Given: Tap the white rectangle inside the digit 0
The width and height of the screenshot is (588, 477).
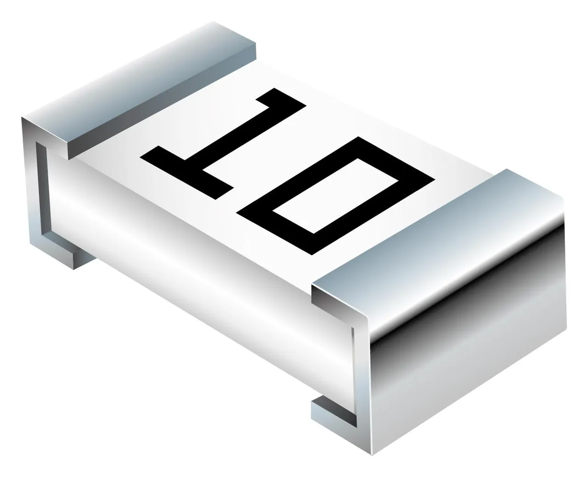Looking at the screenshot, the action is point(335,196).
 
